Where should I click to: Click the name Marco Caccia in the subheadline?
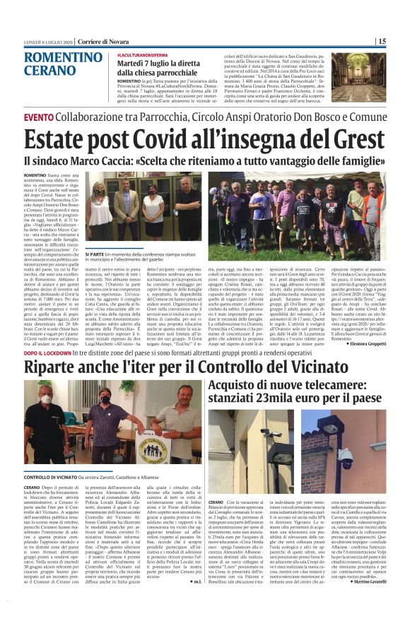(x=125, y=160)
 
